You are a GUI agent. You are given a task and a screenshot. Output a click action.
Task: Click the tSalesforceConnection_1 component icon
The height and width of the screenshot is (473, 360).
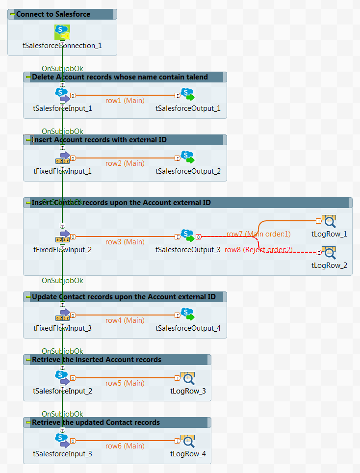62,32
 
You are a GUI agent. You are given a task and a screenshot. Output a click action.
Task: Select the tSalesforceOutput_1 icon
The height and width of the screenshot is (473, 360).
187,95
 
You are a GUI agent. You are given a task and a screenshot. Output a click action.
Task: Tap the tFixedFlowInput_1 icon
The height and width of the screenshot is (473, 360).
62,158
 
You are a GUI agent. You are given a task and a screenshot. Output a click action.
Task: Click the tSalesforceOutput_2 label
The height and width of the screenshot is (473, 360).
188,171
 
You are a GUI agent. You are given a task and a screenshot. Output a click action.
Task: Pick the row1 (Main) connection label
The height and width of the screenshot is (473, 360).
125,101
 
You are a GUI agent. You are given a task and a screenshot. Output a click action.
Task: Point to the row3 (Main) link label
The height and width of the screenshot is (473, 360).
125,242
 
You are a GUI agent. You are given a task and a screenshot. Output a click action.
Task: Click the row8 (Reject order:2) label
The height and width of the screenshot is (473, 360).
258,250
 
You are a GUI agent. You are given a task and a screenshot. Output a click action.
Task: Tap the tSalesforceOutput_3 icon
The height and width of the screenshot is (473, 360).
187,236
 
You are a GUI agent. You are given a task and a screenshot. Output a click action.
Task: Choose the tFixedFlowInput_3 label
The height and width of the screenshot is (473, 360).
62,328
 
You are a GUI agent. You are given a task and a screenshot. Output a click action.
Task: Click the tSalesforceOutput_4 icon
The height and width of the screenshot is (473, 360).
187,315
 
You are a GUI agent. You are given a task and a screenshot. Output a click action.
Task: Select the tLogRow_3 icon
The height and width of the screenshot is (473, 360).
188,377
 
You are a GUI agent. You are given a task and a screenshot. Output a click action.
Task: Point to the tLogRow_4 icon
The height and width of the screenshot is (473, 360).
188,440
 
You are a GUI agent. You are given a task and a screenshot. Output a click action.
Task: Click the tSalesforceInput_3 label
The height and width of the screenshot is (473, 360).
62,454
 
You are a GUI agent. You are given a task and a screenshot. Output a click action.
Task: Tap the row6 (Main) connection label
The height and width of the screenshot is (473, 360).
125,446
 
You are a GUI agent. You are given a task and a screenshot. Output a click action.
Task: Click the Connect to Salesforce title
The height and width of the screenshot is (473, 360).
53,14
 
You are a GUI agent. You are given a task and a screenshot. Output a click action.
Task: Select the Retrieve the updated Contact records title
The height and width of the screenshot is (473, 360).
96,422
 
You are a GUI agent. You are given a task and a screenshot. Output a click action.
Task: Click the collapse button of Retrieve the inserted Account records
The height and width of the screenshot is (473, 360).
28,360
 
